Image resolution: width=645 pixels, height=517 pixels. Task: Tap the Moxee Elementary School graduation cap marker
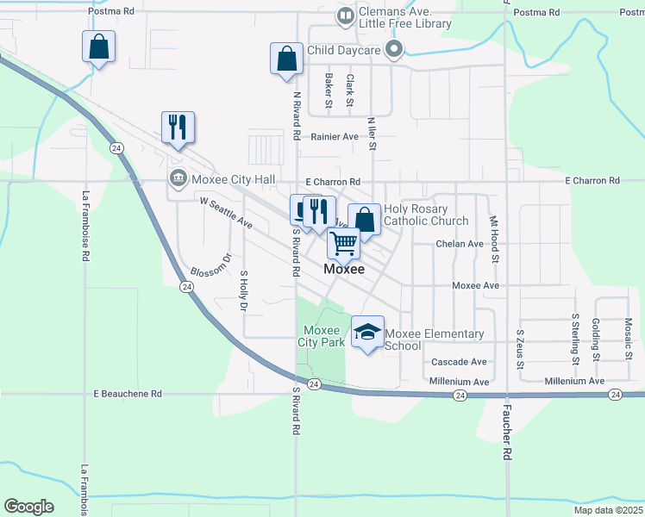coord(368,333)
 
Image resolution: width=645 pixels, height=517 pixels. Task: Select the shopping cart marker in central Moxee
coord(343,245)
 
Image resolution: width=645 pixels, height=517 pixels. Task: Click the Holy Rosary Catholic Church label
coord(425,215)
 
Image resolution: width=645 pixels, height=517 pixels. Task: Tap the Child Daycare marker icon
coord(394,51)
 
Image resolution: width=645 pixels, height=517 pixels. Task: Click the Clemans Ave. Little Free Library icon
coord(345,16)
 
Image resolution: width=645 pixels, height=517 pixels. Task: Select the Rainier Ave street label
coord(335,137)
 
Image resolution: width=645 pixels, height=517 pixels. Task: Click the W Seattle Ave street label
coord(226,212)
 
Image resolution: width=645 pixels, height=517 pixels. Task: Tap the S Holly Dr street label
coord(244,290)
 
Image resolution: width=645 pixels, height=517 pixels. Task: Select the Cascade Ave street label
coord(459,362)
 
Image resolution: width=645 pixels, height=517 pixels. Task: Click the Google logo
coord(28,506)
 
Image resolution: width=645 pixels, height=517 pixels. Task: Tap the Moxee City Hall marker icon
coord(178,178)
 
